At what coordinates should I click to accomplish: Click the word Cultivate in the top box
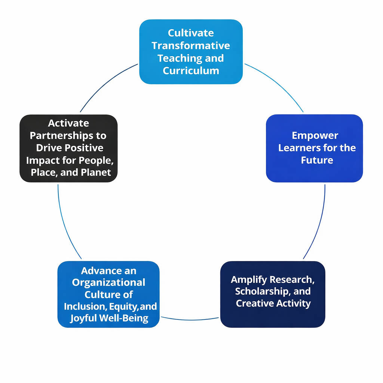(x=191, y=33)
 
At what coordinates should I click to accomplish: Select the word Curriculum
(x=191, y=70)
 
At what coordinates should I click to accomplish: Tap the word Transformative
(x=191, y=46)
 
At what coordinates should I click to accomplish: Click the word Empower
(x=315, y=135)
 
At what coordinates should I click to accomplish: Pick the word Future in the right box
(x=317, y=160)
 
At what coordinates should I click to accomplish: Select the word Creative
(x=254, y=303)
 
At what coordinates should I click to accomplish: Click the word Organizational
(x=108, y=282)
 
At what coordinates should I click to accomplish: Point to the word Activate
(x=68, y=123)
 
